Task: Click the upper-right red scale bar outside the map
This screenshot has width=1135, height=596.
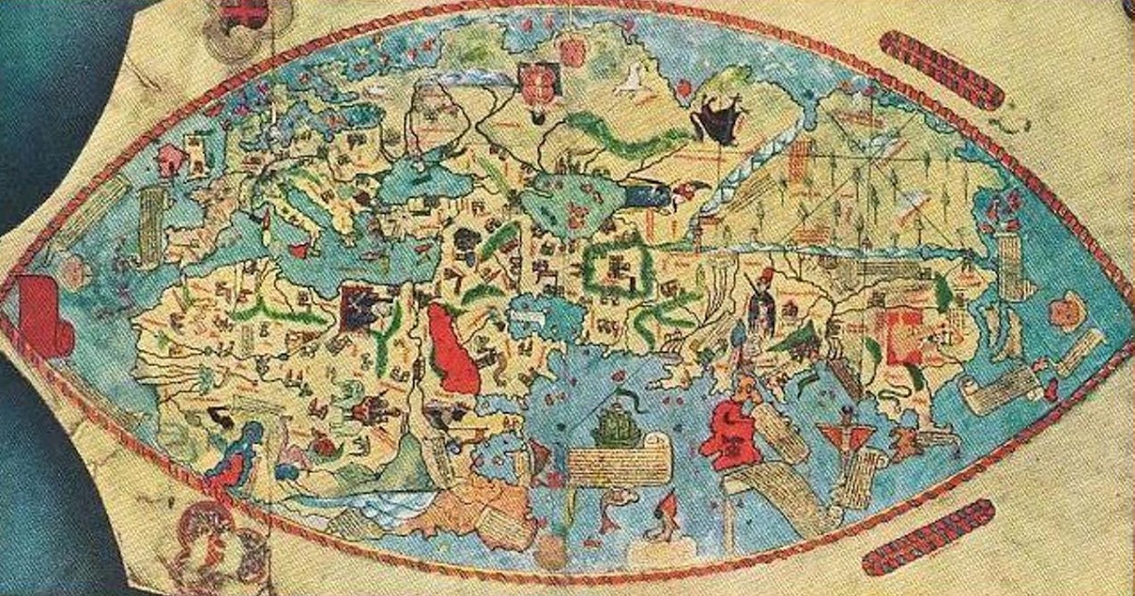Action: tap(940, 69)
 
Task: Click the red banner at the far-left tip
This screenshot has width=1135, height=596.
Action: tap(43, 317)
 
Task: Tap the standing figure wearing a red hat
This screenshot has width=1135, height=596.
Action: tap(761, 303)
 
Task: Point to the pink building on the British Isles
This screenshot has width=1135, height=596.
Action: tap(172, 160)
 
